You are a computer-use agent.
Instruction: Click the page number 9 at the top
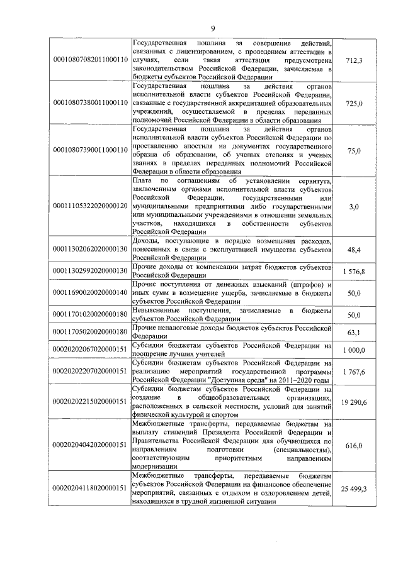click(x=213, y=28)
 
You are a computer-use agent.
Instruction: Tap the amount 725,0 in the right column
click(x=355, y=102)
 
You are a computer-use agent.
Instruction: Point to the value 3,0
click(x=355, y=206)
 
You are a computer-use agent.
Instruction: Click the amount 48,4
click(x=355, y=250)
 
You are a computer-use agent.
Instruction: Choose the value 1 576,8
click(x=355, y=271)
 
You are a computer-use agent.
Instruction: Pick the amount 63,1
click(x=355, y=331)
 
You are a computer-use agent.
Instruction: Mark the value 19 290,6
click(x=355, y=400)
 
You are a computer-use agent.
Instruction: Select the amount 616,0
click(x=355, y=445)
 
